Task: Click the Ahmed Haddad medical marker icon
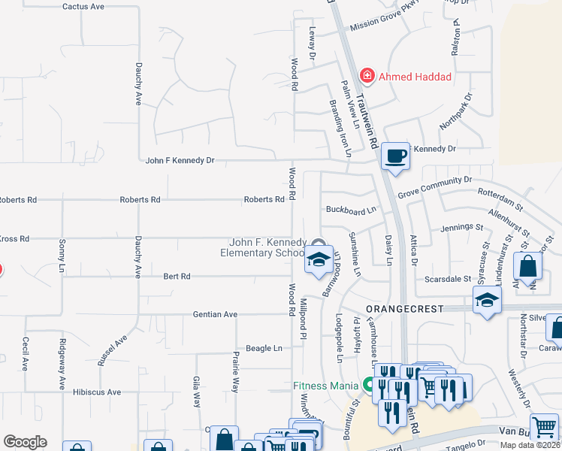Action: [367, 76]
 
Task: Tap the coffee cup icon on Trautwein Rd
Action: [396, 156]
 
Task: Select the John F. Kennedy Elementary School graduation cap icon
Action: [319, 260]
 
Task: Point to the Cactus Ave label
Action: [83, 7]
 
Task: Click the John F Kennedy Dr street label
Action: [180, 160]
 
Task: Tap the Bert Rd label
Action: [177, 277]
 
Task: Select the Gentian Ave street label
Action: [215, 314]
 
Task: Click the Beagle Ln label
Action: [267, 348]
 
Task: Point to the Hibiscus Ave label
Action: [97, 392]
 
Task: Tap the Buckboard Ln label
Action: [350, 209]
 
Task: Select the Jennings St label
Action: [461, 226]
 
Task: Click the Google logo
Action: [25, 442]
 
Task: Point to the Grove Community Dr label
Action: [434, 184]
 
